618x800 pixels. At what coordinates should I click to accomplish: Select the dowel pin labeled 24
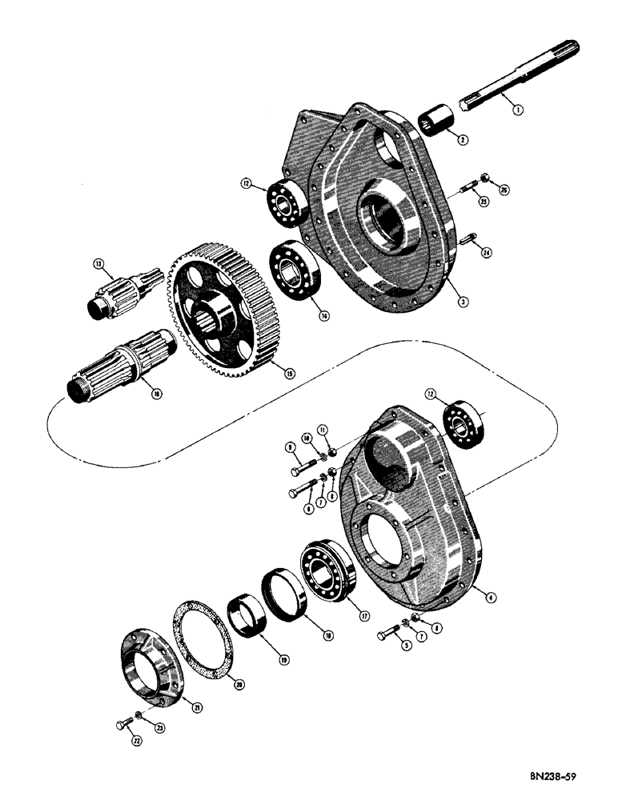(470, 238)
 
